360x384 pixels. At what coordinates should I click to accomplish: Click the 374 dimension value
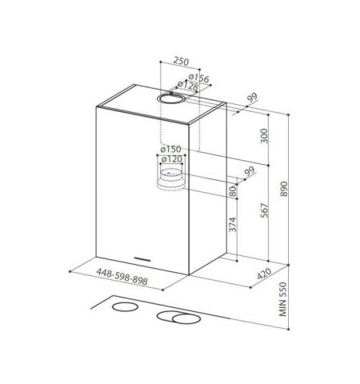tap(232, 225)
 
